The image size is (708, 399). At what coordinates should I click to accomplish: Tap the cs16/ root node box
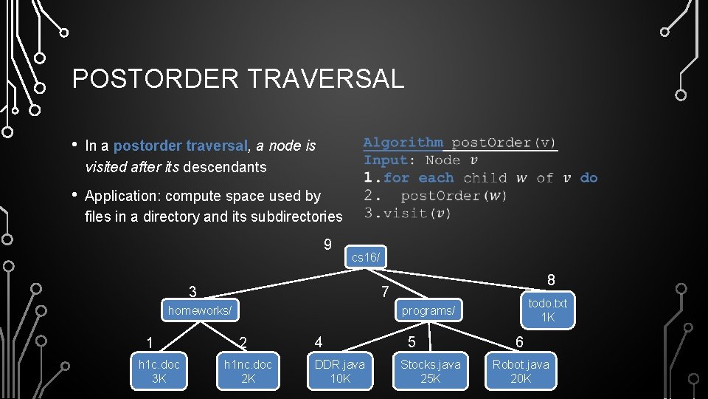(x=366, y=257)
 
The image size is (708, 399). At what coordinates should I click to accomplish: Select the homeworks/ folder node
(x=200, y=310)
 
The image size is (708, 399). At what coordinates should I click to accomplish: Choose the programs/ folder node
(x=428, y=310)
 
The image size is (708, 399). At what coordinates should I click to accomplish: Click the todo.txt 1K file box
(x=547, y=310)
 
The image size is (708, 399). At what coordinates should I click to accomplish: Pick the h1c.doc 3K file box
(x=159, y=371)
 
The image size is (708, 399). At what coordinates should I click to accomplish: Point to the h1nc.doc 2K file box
(x=249, y=371)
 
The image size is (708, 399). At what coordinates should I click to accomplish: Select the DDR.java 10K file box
(x=340, y=371)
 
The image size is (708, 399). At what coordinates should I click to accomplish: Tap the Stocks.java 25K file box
(x=430, y=371)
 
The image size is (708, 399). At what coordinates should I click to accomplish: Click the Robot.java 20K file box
(x=521, y=371)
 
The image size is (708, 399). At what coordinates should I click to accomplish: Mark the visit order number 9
(x=327, y=245)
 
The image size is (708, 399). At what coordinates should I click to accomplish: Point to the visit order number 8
(x=551, y=280)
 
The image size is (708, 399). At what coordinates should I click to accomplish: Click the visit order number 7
(x=385, y=292)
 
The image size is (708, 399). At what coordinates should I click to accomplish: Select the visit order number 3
(x=192, y=292)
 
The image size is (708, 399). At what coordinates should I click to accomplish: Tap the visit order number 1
(x=150, y=342)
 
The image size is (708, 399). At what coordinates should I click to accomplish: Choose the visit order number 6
(x=519, y=342)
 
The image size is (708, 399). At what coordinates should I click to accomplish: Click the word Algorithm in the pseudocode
(x=403, y=143)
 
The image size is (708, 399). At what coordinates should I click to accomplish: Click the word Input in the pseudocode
(x=385, y=160)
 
